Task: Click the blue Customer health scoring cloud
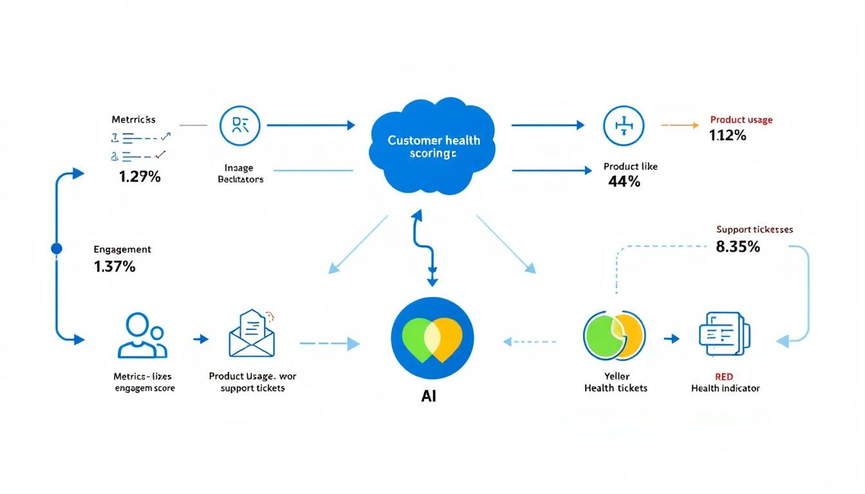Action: tap(432, 146)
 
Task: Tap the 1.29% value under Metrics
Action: tap(140, 177)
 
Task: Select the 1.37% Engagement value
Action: tap(115, 267)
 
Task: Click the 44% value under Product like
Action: tap(624, 182)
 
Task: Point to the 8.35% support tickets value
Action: tap(738, 246)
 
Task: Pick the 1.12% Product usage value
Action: tap(727, 136)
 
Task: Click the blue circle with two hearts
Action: tap(432, 338)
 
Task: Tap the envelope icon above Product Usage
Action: tap(252, 334)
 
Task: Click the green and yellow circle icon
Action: tap(614, 337)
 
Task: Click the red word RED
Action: tap(724, 376)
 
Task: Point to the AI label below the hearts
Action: tap(429, 396)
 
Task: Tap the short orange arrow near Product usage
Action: tap(680, 125)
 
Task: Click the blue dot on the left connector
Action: tap(56, 248)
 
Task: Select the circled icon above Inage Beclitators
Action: tap(239, 125)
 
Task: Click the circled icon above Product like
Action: tap(624, 126)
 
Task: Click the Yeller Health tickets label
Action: tap(615, 382)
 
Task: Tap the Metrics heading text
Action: tap(133, 120)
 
